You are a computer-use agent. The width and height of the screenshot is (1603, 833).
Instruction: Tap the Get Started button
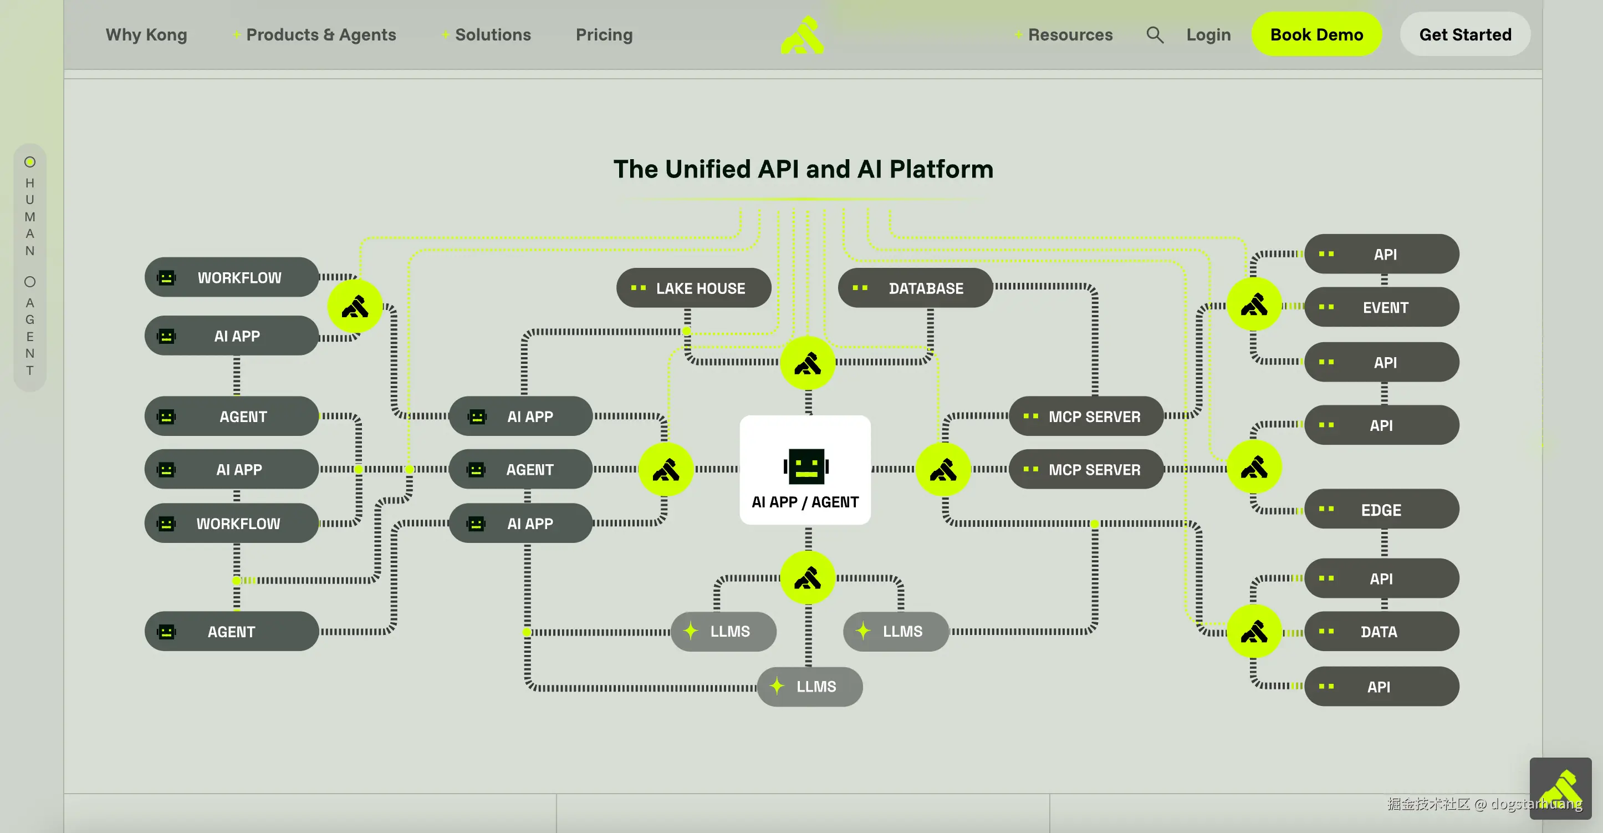click(x=1465, y=34)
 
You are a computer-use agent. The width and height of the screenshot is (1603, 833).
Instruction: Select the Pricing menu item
click(x=604, y=35)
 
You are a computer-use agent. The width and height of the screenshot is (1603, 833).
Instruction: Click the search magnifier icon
click(x=1155, y=35)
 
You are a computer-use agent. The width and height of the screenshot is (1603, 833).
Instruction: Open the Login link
click(x=1208, y=35)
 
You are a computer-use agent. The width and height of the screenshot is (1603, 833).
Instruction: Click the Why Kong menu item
click(x=146, y=35)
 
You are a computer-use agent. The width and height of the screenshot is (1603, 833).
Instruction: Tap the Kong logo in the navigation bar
click(x=802, y=35)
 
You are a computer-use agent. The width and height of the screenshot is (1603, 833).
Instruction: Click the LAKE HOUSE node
click(x=694, y=288)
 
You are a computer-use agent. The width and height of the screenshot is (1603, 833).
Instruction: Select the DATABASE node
click(x=915, y=288)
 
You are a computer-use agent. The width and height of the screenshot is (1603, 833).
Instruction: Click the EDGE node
click(x=1381, y=509)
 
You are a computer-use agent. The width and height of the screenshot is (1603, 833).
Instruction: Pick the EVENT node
click(x=1381, y=307)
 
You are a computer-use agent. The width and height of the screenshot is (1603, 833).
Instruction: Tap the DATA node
click(x=1381, y=631)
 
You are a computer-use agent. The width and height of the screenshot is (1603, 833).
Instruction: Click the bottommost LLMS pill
click(x=810, y=686)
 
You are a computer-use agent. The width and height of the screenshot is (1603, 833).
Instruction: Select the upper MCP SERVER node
click(x=1086, y=416)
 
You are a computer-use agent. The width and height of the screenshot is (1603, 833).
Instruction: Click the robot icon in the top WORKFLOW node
click(x=166, y=278)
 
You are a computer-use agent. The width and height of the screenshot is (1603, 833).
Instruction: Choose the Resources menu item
click(x=1070, y=35)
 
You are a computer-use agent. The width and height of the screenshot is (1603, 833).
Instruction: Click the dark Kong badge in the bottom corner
click(x=1560, y=788)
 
